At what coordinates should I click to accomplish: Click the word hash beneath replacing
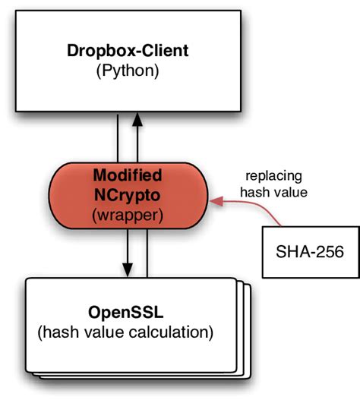252,192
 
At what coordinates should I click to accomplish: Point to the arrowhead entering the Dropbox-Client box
137,118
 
